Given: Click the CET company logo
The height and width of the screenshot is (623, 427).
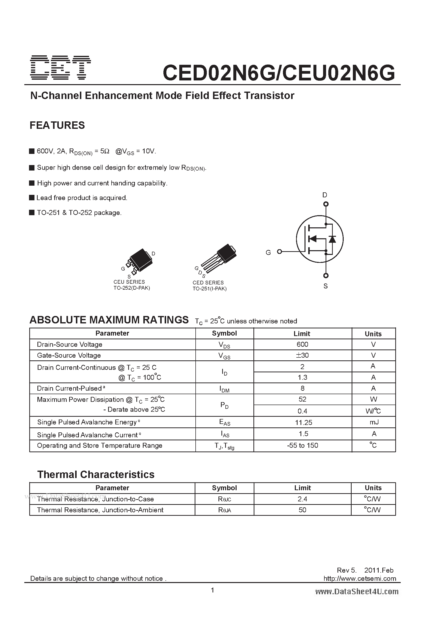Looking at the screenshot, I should coord(61,68).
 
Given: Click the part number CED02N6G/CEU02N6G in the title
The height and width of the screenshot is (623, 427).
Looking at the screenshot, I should coord(279,73).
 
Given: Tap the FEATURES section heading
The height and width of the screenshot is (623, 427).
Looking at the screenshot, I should coord(57,125).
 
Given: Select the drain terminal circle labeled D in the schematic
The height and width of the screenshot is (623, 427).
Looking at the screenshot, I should coord(326,204).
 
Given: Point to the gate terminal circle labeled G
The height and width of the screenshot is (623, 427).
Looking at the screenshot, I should coord(279,251).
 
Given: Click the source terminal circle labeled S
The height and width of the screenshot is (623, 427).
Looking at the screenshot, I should coord(326,275).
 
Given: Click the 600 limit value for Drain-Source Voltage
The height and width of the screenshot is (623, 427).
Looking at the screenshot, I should coord(303,344).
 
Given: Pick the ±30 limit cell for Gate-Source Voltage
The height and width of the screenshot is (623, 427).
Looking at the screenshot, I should coord(303,355).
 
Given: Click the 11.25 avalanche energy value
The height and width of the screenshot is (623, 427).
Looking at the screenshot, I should coord(304,422).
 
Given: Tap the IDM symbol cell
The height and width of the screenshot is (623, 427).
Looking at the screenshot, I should coord(224,389).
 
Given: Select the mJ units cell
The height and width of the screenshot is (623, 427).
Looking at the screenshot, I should coord(374,422).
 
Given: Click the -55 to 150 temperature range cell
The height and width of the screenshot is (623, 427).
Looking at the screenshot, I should coord(303,445).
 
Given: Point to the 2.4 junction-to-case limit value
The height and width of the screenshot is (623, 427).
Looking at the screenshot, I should coord(303,499).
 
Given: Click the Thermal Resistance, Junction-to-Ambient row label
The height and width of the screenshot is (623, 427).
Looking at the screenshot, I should coord(100,510).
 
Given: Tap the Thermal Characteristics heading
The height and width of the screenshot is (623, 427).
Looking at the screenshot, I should coord(96,475).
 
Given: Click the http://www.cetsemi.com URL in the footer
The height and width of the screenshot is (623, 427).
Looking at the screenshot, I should coord(360,579).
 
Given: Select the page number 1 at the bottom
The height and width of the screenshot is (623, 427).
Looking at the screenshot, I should coord(213,590).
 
